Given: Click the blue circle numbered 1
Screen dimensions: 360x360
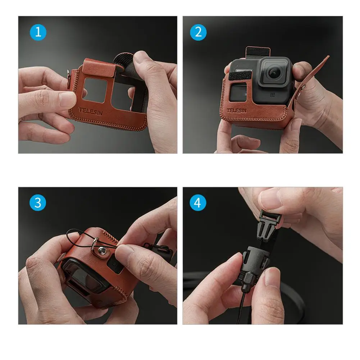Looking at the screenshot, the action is tap(38, 32).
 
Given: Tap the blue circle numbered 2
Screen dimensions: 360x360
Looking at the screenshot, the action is tap(198, 32).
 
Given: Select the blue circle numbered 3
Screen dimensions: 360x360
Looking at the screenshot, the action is tap(38, 203).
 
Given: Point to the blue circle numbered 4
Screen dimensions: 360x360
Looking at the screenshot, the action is tap(198, 203).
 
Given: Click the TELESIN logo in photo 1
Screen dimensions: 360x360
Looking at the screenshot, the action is tap(91, 111).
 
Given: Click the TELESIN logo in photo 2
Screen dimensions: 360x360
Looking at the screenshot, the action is tap(237, 111).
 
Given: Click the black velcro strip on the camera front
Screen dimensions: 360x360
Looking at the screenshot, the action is tap(240, 75).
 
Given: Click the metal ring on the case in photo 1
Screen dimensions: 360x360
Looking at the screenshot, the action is tap(69, 76).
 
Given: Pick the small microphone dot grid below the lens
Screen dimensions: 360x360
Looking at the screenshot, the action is tap(273, 94).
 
